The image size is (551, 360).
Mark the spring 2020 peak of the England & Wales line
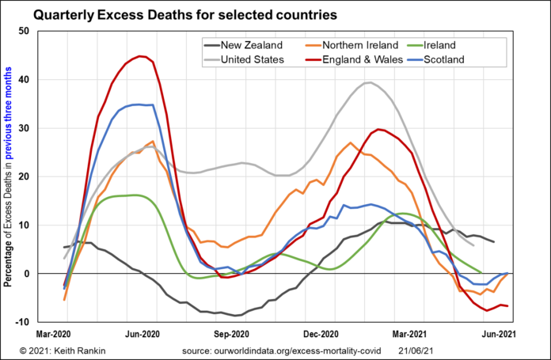click(x=141, y=56)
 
